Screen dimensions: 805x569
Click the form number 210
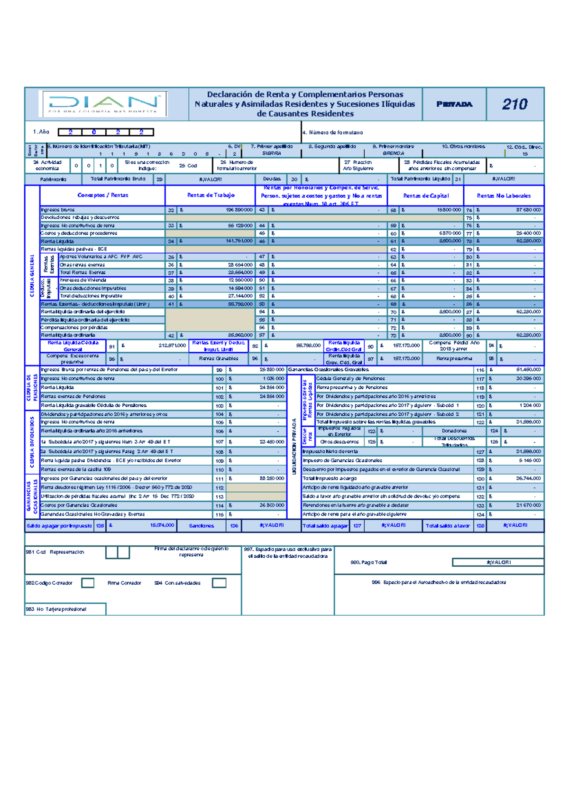click(515, 104)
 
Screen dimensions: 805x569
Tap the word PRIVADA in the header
click(454, 104)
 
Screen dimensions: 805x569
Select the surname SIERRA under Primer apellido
click(272, 154)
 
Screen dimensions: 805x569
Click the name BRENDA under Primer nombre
click(394, 154)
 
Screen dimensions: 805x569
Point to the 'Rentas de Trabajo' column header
click(211, 195)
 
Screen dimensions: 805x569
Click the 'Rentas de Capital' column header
click(426, 196)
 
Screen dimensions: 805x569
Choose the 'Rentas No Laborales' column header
click(504, 196)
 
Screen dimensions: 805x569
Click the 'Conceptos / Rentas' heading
click(102, 195)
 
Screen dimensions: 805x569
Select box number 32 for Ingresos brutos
click(171, 210)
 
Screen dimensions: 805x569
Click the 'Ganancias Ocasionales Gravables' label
click(328, 369)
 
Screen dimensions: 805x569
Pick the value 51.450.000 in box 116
click(528, 369)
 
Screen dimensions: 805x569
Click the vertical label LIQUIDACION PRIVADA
click(294, 446)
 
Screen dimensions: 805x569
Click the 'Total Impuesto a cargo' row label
click(330, 478)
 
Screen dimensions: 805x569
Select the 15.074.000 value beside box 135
click(162, 525)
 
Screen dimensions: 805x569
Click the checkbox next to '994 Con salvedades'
click(219, 583)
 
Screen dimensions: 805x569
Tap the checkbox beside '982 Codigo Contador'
click(88, 583)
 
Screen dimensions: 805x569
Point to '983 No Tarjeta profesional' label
click(56, 609)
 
